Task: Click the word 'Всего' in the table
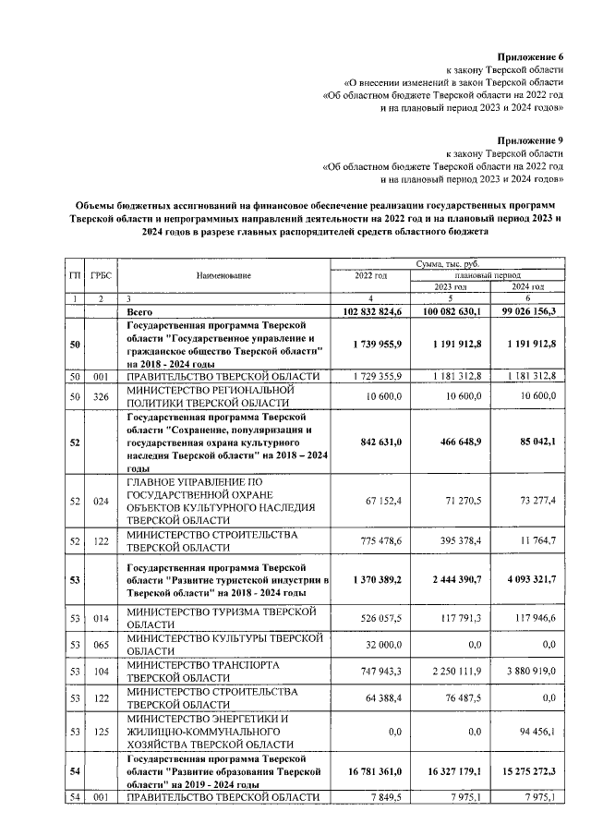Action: pos(139,313)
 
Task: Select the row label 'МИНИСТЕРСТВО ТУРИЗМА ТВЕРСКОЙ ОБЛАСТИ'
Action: pos(222,619)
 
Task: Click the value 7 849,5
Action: pos(384,798)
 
